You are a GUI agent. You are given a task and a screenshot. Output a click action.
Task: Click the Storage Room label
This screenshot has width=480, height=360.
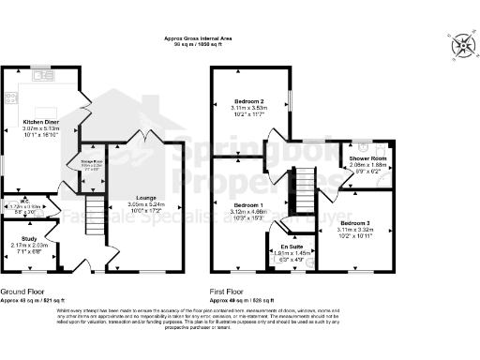[92, 161]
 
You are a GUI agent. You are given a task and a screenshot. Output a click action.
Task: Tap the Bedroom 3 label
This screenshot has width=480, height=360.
[355, 222]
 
